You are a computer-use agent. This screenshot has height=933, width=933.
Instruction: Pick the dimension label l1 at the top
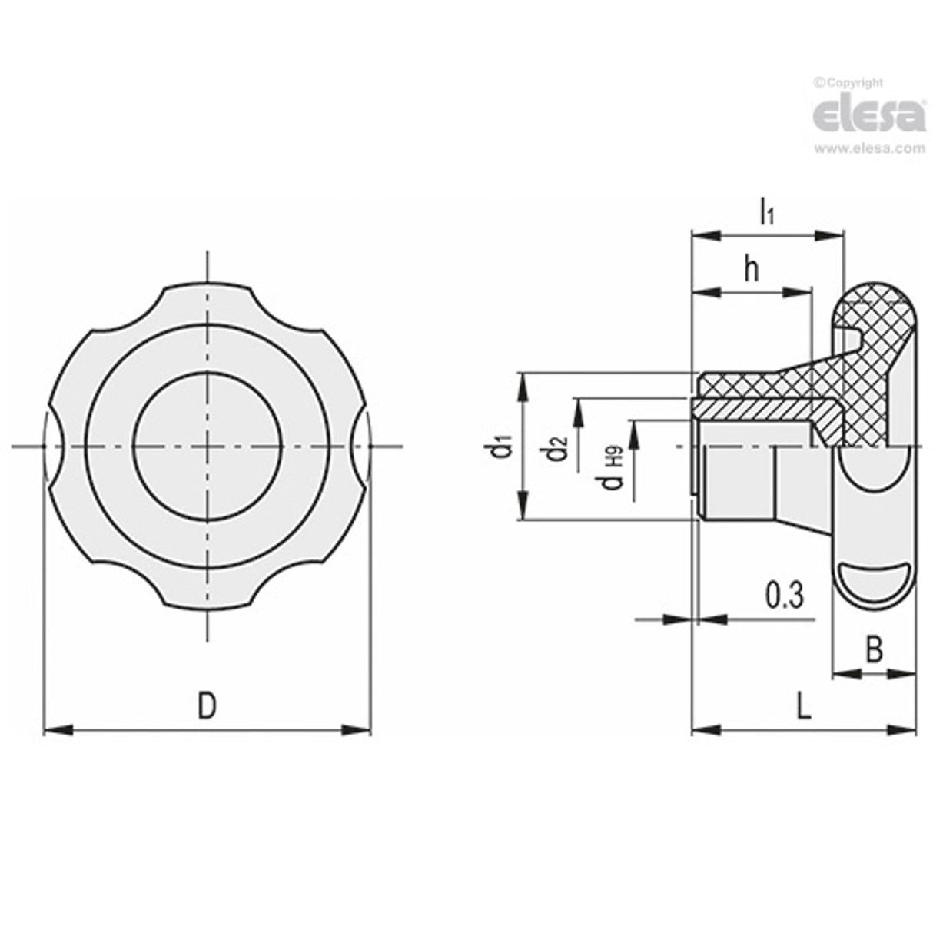(766, 211)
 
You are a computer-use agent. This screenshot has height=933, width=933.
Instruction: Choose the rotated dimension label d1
(503, 447)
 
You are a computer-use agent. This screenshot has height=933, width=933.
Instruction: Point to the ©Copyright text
(848, 83)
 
